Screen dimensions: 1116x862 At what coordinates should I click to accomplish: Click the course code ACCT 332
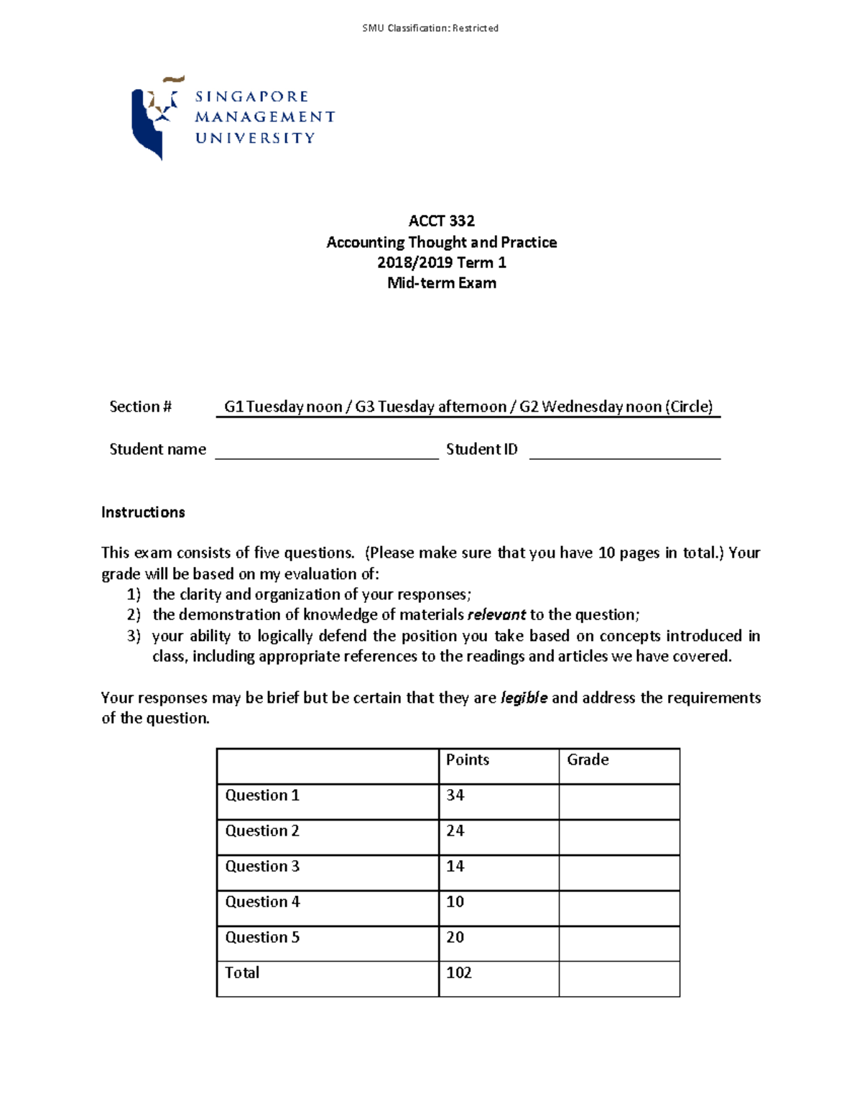[x=441, y=221]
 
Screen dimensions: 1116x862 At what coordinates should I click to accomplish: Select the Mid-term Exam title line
[x=441, y=283]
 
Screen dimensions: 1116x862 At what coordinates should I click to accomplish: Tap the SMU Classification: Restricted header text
[x=430, y=28]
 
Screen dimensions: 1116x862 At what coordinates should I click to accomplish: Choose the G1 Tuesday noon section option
[x=283, y=407]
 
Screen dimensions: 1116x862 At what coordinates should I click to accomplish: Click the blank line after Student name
[x=326, y=451]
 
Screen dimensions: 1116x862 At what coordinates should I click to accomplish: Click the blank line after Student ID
[x=624, y=451]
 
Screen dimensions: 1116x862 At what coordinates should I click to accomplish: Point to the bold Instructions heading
[x=143, y=512]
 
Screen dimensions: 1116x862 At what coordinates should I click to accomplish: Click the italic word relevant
[x=496, y=614]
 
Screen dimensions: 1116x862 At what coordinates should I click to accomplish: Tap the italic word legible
[x=524, y=698]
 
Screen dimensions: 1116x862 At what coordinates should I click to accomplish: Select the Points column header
[x=467, y=760]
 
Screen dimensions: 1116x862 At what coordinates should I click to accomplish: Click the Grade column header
[x=588, y=760]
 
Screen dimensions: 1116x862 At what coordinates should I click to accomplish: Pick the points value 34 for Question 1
[x=455, y=796]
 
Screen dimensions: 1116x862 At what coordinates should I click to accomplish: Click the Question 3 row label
[x=262, y=867]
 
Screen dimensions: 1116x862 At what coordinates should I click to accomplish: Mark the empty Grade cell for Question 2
[x=618, y=837]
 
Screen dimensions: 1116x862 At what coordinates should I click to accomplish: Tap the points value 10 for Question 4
[x=455, y=902]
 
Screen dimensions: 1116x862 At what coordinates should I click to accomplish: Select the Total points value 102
[x=459, y=973]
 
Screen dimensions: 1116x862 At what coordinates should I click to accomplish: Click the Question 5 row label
[x=262, y=938]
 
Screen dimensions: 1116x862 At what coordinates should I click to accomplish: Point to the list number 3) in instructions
[x=134, y=636]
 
